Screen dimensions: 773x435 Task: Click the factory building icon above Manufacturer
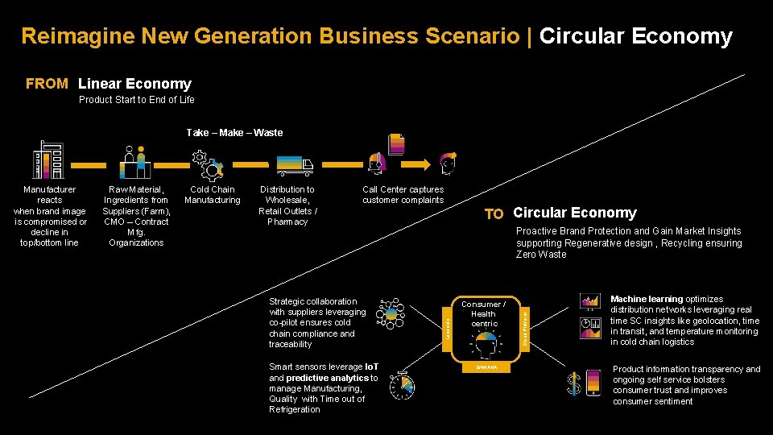(x=47, y=161)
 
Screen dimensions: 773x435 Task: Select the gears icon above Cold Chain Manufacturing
(x=209, y=164)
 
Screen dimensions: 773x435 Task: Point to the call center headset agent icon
(x=376, y=164)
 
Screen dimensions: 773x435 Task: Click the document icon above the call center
(x=396, y=144)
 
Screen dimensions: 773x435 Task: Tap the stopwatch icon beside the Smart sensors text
(x=402, y=387)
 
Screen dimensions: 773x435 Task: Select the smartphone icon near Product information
(x=593, y=383)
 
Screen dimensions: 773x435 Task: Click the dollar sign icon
(x=574, y=384)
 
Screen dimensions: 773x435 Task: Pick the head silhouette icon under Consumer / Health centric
(x=484, y=346)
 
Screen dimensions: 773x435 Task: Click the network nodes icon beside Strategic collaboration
(x=392, y=313)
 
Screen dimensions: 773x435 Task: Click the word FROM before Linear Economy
(x=47, y=84)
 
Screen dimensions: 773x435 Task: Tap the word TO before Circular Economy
(x=494, y=214)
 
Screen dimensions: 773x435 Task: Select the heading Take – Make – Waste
(x=234, y=133)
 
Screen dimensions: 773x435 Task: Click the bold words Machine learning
(x=646, y=299)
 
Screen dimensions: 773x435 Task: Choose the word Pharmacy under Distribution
(x=287, y=222)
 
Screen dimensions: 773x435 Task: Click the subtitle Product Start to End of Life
(x=137, y=101)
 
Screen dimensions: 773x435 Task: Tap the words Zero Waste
(x=541, y=255)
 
